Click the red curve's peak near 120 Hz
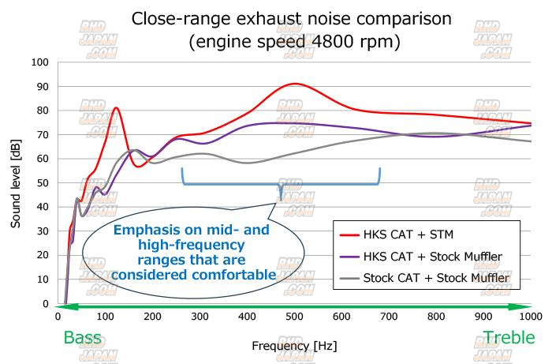pos(116,107)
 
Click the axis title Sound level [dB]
pos(16,184)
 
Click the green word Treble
pos(509,337)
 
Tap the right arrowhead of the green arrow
pos(523,306)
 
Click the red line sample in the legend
pos(347,235)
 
